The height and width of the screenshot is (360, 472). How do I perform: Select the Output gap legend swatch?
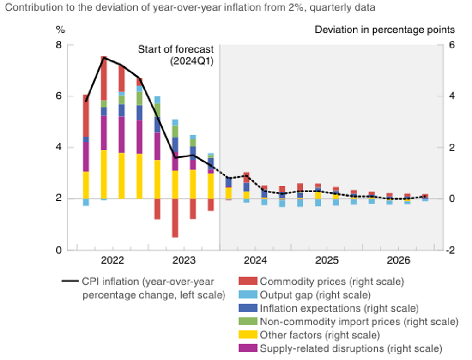[x=248, y=294]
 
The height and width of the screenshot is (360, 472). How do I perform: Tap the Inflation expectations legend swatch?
[x=248, y=308]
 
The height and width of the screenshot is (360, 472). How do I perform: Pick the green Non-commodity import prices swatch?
[x=248, y=321]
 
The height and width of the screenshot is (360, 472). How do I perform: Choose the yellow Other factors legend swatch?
[x=248, y=335]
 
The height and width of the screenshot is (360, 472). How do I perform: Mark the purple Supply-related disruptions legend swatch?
[x=248, y=348]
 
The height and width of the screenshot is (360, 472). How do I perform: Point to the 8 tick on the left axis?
[x=59, y=45]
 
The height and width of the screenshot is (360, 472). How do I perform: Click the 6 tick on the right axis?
[x=451, y=45]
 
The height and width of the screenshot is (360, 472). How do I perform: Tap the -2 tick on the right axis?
[x=449, y=250]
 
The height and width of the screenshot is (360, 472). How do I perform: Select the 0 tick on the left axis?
[x=59, y=250]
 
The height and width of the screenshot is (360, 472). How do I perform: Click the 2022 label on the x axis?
[x=112, y=260]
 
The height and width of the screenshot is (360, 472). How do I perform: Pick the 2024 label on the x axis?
[x=255, y=260]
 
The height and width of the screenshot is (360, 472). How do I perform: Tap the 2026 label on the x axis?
[x=399, y=260]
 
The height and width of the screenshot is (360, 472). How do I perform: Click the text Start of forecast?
[x=176, y=49]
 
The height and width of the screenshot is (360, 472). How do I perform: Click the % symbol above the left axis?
[x=61, y=30]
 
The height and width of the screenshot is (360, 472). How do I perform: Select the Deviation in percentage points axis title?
[x=385, y=30]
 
